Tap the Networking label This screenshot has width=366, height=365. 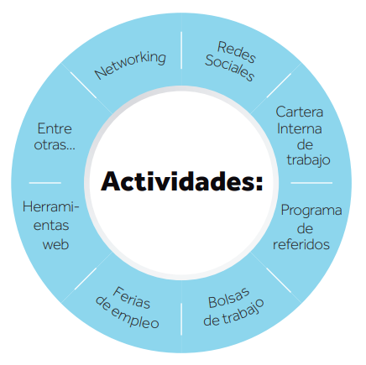pyautogui.click(x=130, y=65)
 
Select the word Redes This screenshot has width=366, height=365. pyautogui.click(x=237, y=52)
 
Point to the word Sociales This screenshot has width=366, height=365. pyautogui.click(x=229, y=68)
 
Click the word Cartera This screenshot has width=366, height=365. pyautogui.click(x=300, y=112)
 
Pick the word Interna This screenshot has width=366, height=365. pyautogui.click(x=300, y=128)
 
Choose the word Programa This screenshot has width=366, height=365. pyautogui.click(x=311, y=211)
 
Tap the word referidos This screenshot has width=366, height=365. pyautogui.click(x=301, y=244)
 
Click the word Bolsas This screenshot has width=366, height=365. pyautogui.click(x=229, y=298)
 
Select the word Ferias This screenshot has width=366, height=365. pyautogui.click(x=131, y=297)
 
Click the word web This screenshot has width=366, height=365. pyautogui.click(x=55, y=244)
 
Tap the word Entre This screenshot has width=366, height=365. pyautogui.click(x=55, y=128)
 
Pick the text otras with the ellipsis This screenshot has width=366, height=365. pyautogui.click(x=55, y=145)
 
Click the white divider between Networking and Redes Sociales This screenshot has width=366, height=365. pyautogui.click(x=181, y=50)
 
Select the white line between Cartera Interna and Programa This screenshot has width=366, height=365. pyautogui.click(x=311, y=183)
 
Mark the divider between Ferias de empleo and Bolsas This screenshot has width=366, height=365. pyautogui.click(x=181, y=319)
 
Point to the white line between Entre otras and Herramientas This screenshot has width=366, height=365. pyautogui.click(x=45, y=183)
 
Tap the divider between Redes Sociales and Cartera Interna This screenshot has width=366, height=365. pyautogui.click(x=279, y=86)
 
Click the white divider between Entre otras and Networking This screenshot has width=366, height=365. pyautogui.click(x=83, y=85)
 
